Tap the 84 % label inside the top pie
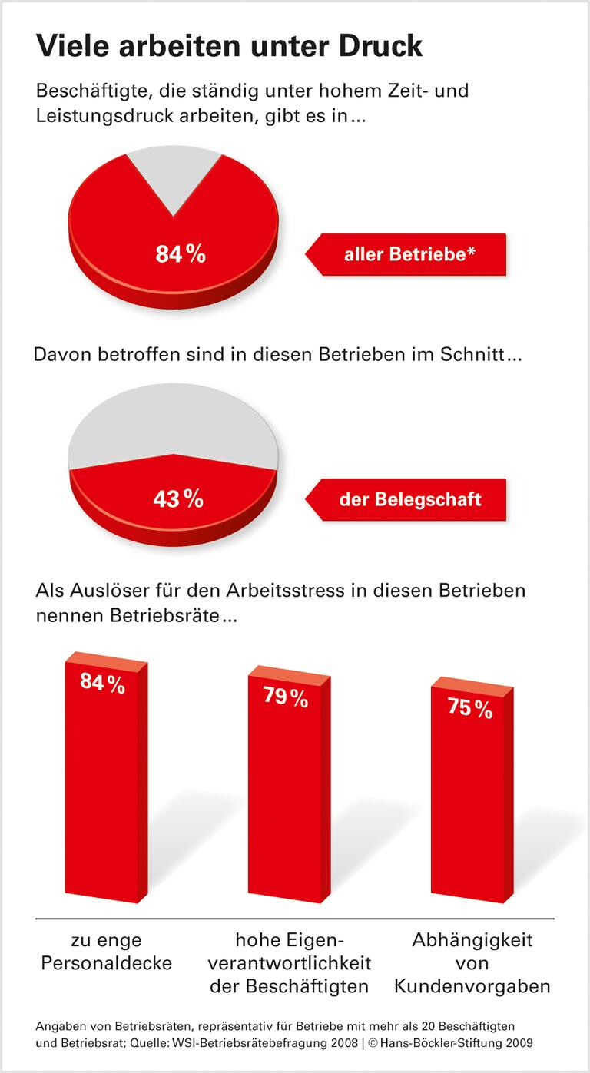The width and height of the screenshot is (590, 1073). coord(181,254)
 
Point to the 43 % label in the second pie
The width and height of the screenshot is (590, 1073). coord(178,499)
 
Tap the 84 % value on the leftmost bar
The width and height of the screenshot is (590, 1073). coord(102,684)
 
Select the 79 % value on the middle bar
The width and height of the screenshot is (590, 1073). coord(286,698)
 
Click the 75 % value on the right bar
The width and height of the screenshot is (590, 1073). coord(469,709)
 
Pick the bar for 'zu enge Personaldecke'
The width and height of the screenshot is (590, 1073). coord(105,791)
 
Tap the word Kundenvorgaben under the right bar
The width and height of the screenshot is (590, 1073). coord(472,986)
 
